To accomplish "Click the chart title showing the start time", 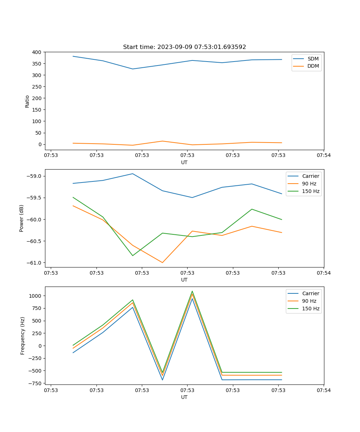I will pos(184,47).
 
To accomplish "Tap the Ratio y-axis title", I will pos(27,101).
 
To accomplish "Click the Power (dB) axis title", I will pos(22,218).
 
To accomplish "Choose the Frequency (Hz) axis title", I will pos(23,336).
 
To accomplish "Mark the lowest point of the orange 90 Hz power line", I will pos(162,262).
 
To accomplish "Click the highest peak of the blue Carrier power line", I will pos(132,174).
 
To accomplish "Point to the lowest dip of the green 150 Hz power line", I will pos(132,256).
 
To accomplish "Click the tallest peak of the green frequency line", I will pos(192,291).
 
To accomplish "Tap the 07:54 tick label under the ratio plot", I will pos(323,155).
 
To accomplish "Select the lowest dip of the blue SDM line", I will pos(132,69).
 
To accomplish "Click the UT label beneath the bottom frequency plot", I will pos(184,397).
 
